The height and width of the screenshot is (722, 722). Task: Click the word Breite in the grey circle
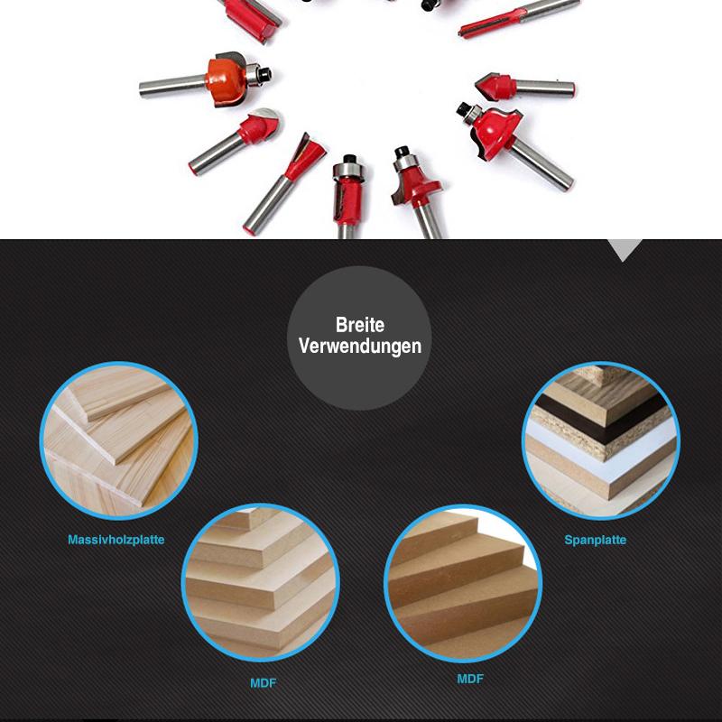(x=359, y=325)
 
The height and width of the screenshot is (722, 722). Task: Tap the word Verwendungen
(x=359, y=347)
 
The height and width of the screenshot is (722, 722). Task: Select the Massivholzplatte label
(x=116, y=540)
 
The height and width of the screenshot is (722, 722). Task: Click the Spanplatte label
(x=596, y=540)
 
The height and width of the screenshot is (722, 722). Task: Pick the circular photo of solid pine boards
(x=119, y=440)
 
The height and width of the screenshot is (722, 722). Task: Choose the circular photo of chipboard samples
(x=601, y=440)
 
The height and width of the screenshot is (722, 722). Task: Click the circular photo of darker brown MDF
(x=463, y=583)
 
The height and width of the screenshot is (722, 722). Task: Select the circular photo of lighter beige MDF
(x=261, y=582)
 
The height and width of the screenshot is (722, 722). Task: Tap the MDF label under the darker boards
(x=470, y=679)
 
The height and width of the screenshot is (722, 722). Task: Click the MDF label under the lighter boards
(x=264, y=683)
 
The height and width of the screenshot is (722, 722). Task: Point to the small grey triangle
(x=624, y=249)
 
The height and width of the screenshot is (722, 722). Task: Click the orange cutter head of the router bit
(x=226, y=79)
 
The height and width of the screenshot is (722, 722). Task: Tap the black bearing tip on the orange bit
(x=264, y=74)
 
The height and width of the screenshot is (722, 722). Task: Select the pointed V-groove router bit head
(x=495, y=86)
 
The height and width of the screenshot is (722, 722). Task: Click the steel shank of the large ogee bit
(x=541, y=164)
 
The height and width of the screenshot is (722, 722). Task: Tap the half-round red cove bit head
(x=260, y=126)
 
